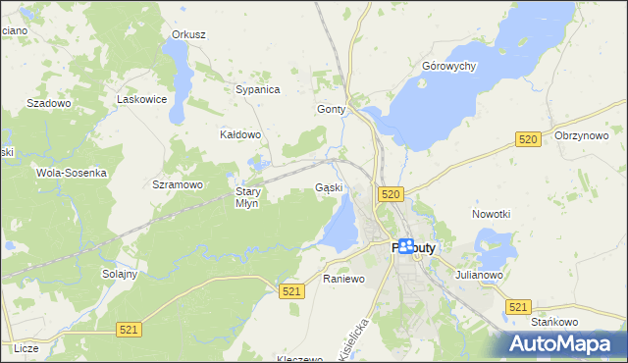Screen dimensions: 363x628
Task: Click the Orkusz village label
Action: (x=188, y=34)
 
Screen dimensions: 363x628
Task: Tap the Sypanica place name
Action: (x=258, y=89)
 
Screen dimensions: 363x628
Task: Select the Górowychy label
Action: (x=448, y=66)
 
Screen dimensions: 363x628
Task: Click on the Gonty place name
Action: (x=332, y=109)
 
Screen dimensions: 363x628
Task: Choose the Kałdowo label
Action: (x=240, y=134)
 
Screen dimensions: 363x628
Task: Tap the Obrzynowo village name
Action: (x=582, y=135)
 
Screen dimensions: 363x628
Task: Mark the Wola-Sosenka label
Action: (x=71, y=172)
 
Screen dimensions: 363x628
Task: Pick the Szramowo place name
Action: (x=178, y=184)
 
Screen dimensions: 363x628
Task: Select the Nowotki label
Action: (x=491, y=214)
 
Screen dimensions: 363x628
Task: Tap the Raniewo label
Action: (x=343, y=279)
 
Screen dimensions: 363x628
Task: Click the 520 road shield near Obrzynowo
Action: (x=528, y=140)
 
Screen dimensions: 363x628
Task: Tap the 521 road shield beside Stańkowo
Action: (x=519, y=307)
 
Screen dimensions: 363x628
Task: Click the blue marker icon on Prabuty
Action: (x=405, y=247)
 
